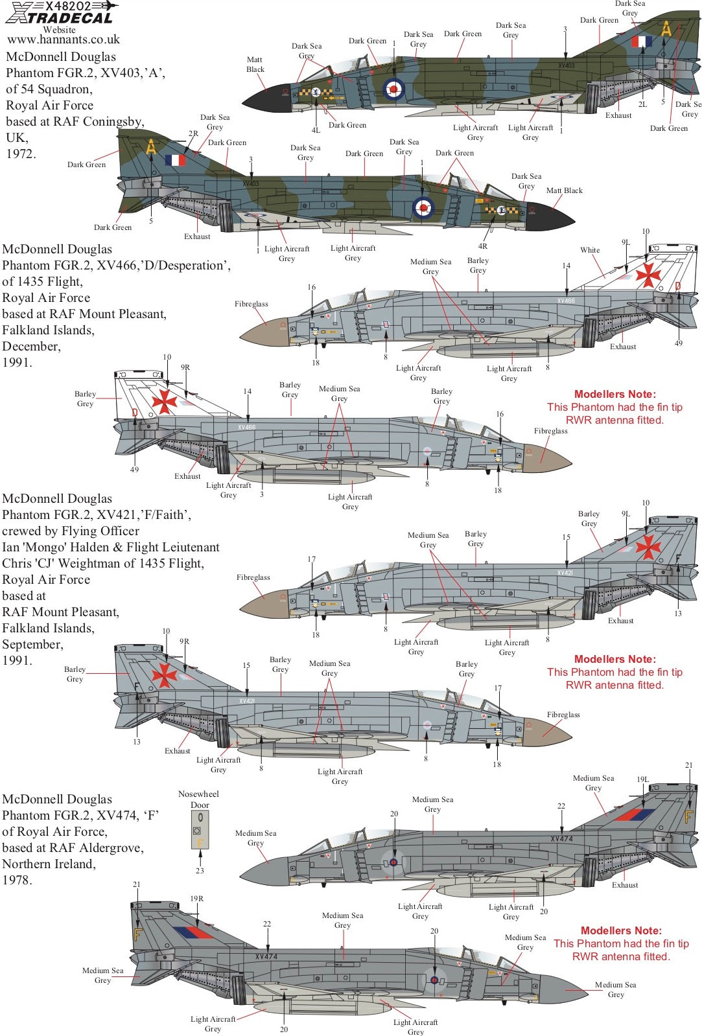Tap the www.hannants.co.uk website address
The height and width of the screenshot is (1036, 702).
[64, 40]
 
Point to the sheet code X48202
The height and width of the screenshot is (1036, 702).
[68, 6]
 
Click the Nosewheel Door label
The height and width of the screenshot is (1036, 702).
[198, 800]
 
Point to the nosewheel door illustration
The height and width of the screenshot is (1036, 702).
[200, 830]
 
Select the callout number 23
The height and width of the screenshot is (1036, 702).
[200, 871]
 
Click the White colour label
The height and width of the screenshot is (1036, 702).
[590, 250]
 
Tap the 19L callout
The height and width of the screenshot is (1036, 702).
[642, 779]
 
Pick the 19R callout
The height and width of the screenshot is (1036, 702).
[196, 899]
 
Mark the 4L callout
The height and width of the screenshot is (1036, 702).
[316, 130]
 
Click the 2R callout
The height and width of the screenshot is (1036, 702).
[193, 133]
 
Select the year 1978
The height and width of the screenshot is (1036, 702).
[17, 881]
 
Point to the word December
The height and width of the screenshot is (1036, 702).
[31, 347]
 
